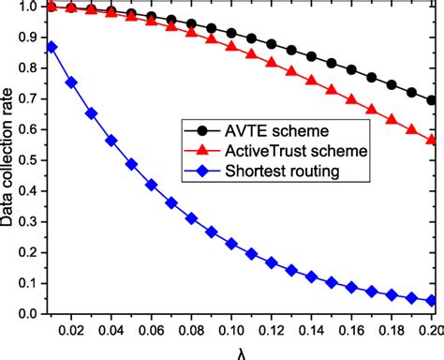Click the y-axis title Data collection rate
click(11, 159)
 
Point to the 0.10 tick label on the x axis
click(231, 332)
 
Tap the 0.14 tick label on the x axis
click(312, 332)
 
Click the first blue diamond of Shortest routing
click(52, 47)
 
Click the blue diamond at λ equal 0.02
click(71, 82)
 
